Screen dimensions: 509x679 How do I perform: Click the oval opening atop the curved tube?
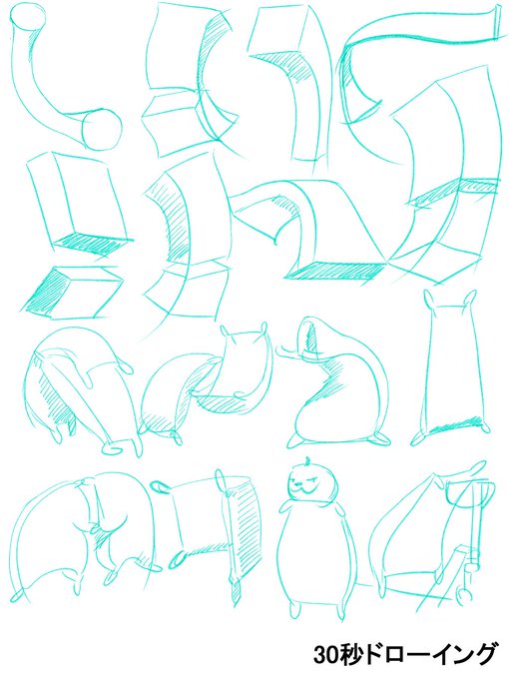click(x=28, y=16)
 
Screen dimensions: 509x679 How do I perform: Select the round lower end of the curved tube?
click(x=102, y=130)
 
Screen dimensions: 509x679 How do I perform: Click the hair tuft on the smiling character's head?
click(x=307, y=460)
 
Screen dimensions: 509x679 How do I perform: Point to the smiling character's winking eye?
click(x=316, y=481)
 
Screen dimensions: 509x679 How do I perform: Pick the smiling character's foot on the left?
click(x=295, y=609)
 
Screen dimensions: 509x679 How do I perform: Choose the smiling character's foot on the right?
click(x=341, y=610)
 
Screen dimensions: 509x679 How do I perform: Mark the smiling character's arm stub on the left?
click(x=285, y=505)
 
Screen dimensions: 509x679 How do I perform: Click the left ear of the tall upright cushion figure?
click(x=429, y=300)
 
